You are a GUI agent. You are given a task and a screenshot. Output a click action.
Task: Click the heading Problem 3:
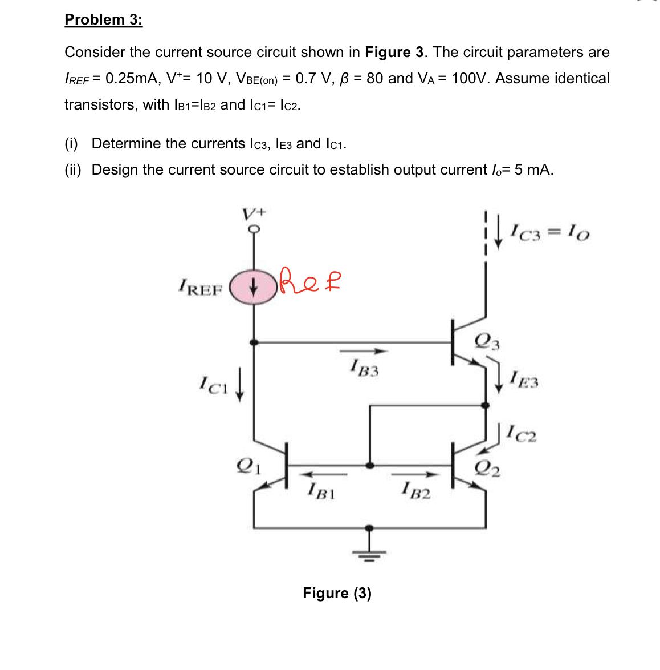click(x=103, y=19)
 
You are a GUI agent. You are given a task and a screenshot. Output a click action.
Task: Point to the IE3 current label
click(x=524, y=378)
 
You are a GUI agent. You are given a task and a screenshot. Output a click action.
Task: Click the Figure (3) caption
click(x=337, y=593)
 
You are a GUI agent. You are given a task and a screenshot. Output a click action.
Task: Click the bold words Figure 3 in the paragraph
click(x=396, y=52)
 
